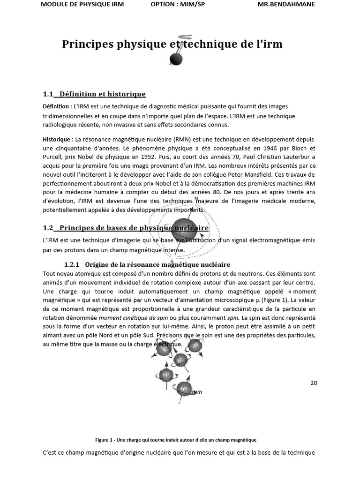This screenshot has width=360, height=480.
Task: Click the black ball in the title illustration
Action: pyautogui.click(x=175, y=59)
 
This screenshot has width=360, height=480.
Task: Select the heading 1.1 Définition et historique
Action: pyautogui.click(x=94, y=94)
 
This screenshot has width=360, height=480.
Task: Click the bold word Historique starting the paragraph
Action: pyautogui.click(x=56, y=140)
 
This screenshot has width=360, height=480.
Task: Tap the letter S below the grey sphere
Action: pyautogui.click(x=172, y=261)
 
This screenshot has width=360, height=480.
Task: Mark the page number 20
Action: pyautogui.click(x=314, y=383)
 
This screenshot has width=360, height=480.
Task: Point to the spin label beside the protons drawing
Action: pyautogui.click(x=197, y=392)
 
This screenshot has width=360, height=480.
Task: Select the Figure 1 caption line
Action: pyautogui.click(x=176, y=440)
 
